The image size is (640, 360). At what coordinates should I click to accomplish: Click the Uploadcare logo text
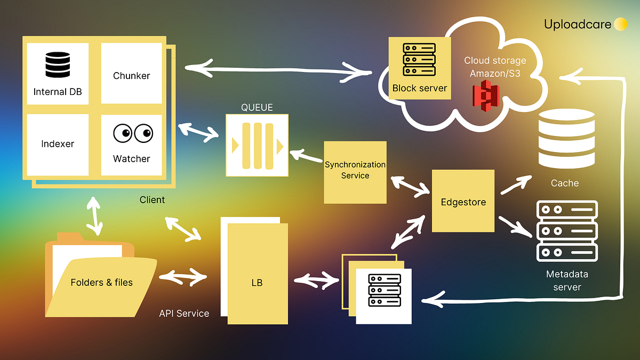[x=578, y=25]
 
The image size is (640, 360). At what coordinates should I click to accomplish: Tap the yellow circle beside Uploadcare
[x=620, y=25]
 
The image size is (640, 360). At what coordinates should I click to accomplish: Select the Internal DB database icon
[x=58, y=65]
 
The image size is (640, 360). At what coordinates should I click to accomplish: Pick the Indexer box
[x=58, y=144]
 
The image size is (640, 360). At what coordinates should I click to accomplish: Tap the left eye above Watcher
[x=122, y=133]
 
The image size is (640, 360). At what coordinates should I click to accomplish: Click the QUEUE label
[x=257, y=108]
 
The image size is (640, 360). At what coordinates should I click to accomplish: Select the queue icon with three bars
[x=257, y=145]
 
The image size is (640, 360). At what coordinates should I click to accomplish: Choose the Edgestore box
[x=463, y=201]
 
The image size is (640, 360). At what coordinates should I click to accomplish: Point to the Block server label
[x=419, y=89]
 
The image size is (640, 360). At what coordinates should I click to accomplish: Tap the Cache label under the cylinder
[x=564, y=183]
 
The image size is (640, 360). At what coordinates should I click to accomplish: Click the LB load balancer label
[x=257, y=283]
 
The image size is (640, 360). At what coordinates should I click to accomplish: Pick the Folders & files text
[x=101, y=282]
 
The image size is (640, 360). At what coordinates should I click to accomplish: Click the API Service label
[x=184, y=314]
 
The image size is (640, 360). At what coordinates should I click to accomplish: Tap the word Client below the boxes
[x=152, y=200]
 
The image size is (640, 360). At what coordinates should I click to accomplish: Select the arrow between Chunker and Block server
[x=277, y=69]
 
